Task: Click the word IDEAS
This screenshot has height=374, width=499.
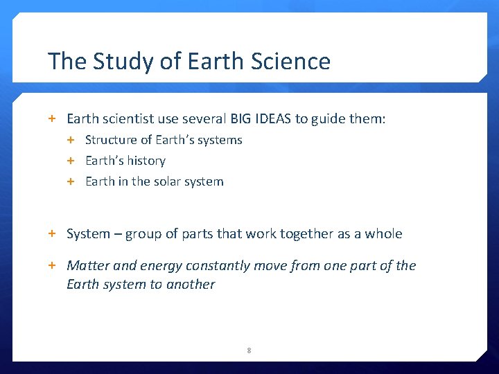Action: click(270, 119)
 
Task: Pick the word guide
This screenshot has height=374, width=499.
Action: click(331, 119)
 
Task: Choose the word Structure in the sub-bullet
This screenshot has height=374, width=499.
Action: click(112, 140)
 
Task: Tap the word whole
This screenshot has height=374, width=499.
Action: click(383, 233)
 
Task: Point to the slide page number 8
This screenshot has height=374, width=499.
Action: click(249, 350)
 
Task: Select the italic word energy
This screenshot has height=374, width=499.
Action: click(159, 265)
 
